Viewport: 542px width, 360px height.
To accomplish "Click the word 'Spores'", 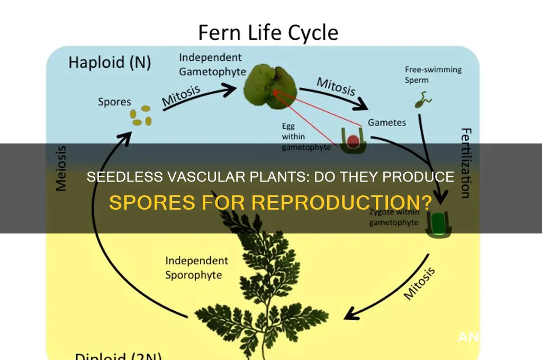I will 115,102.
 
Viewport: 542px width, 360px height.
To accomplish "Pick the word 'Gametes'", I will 387,122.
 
